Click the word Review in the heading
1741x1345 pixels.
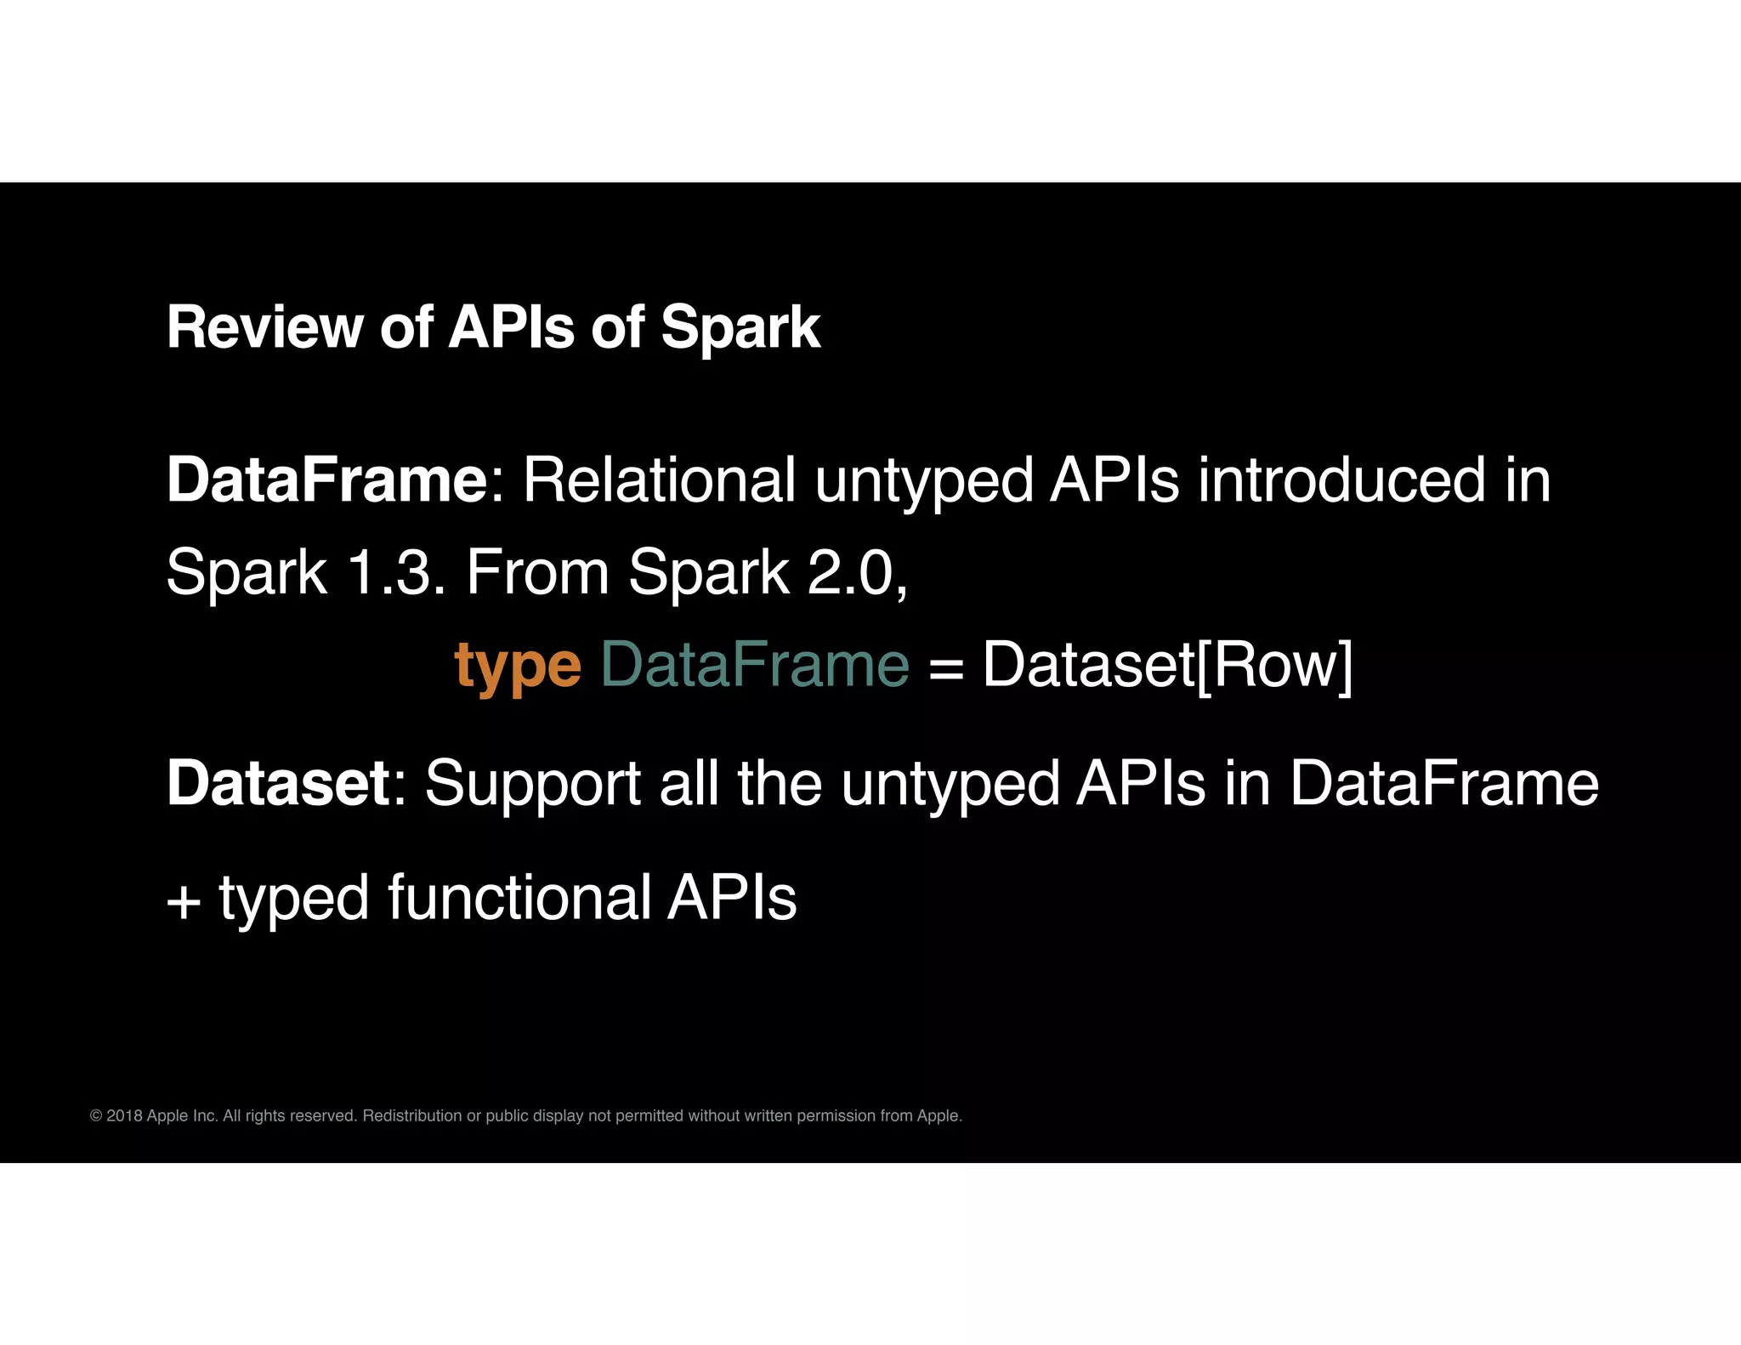tap(264, 327)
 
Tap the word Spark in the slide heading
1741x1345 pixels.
tap(740, 327)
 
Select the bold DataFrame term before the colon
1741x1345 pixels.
tap(326, 480)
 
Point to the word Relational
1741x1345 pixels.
tap(659, 480)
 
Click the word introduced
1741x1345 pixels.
tap(1341, 480)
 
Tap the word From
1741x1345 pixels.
tap(537, 572)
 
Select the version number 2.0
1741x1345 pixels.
tap(853, 572)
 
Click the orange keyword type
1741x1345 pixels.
tap(518, 666)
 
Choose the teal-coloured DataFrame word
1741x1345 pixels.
tap(755, 664)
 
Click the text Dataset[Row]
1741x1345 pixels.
tap(1166, 666)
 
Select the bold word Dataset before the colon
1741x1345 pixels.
tap(278, 783)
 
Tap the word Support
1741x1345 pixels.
tap(532, 785)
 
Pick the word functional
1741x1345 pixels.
tap(519, 898)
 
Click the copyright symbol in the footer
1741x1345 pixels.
tap(96, 1115)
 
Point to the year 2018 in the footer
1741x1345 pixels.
tap(124, 1115)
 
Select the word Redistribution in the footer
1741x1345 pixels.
tap(412, 1115)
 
